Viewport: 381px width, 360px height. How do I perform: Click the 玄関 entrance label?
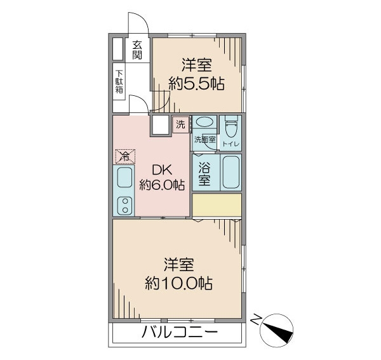coord(137,50)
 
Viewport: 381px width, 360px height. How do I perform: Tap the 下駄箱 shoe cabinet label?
coord(119,82)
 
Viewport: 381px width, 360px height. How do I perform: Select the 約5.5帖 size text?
coord(196,84)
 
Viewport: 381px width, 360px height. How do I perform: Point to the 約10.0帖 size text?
coord(178,283)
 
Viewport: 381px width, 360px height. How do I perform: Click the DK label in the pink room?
coord(162,170)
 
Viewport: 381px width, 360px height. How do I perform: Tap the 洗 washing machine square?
coord(180,124)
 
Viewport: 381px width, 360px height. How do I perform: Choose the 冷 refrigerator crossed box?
coord(125,156)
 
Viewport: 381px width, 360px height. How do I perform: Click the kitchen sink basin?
coord(125,177)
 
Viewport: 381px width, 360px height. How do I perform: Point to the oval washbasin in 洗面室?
coord(204,122)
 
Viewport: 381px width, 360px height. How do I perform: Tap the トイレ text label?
coord(231,144)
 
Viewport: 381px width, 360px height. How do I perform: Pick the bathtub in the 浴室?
coord(231,172)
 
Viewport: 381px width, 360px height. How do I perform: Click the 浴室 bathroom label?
coord(204,173)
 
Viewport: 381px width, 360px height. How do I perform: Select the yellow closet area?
coord(217,204)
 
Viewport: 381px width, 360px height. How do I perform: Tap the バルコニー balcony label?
coord(179,332)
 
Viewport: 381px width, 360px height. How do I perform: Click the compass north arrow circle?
coord(276,330)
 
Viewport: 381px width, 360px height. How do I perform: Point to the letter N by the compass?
coord(256,319)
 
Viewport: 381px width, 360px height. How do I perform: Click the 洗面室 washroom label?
coord(204,140)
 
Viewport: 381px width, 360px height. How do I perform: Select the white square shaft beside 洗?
coord(160,125)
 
